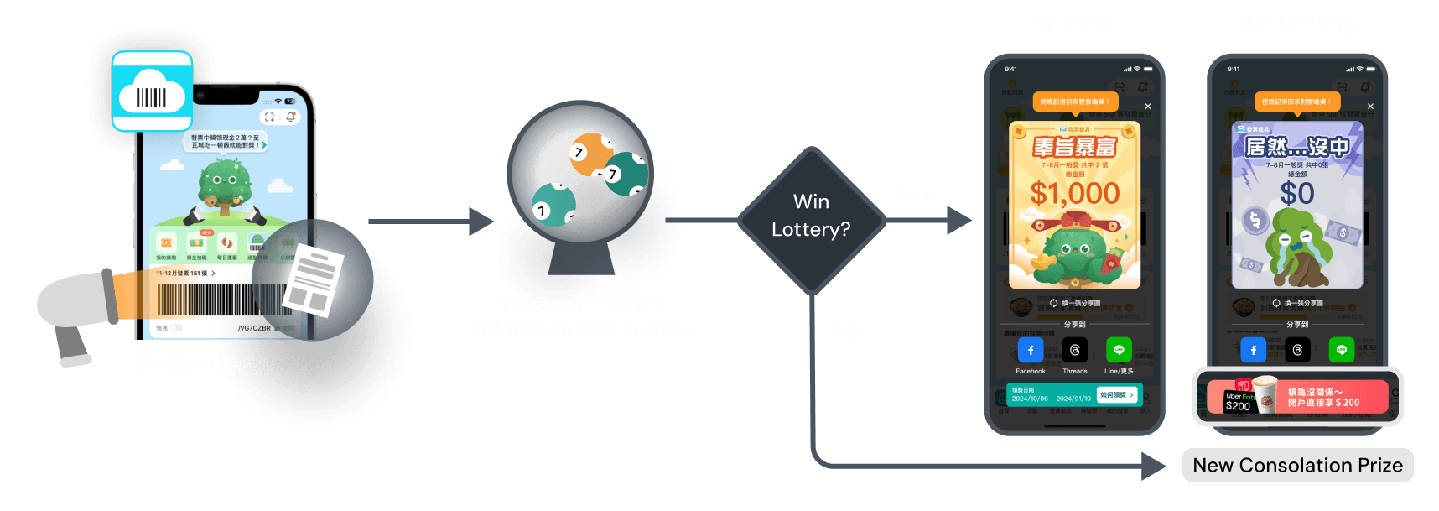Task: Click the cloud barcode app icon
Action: point(152,91)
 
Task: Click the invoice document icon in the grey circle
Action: point(313,281)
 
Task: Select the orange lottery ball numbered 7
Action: point(590,154)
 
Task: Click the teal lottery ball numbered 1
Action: point(553,206)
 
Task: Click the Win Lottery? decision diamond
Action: point(811,216)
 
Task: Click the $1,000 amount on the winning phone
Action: point(1075,194)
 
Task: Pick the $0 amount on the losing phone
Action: point(1296,194)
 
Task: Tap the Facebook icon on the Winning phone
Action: point(1031,350)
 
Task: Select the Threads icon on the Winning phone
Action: point(1075,350)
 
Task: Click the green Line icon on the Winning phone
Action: point(1119,350)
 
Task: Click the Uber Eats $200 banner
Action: point(1297,397)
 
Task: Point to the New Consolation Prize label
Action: point(1297,466)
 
